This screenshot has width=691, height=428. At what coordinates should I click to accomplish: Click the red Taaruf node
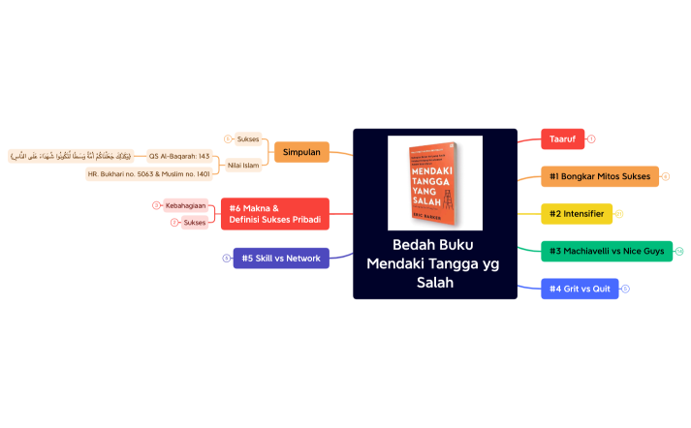(x=562, y=139)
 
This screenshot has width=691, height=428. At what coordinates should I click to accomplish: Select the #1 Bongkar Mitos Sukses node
(x=600, y=176)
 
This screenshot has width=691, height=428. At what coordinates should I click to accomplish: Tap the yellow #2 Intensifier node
(x=577, y=213)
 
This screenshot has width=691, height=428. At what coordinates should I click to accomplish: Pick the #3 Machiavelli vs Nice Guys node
(x=607, y=251)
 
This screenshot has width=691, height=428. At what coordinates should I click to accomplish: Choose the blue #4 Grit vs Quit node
(x=580, y=289)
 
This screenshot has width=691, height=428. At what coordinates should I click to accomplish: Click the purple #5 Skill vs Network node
(x=281, y=259)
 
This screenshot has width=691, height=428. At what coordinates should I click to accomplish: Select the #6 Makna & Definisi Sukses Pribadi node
(x=275, y=214)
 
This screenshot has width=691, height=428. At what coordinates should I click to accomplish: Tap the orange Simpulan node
(x=301, y=152)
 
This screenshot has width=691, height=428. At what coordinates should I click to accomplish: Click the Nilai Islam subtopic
(x=242, y=166)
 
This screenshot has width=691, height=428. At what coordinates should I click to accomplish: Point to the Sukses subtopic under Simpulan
(x=248, y=138)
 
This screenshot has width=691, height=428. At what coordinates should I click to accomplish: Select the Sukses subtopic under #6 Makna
(x=195, y=223)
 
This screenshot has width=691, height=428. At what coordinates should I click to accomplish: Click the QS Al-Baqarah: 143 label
(x=179, y=155)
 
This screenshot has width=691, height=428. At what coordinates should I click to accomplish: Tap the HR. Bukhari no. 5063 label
(x=148, y=174)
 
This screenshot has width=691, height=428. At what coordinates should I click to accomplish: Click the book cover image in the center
(x=435, y=183)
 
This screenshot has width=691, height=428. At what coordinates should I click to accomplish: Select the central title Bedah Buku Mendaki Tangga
(x=434, y=263)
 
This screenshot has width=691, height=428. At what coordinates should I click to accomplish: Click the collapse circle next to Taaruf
(x=591, y=139)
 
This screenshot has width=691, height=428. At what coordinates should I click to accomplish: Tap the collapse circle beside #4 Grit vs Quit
(x=625, y=289)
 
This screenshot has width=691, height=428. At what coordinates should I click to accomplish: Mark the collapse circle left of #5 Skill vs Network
(x=226, y=259)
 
